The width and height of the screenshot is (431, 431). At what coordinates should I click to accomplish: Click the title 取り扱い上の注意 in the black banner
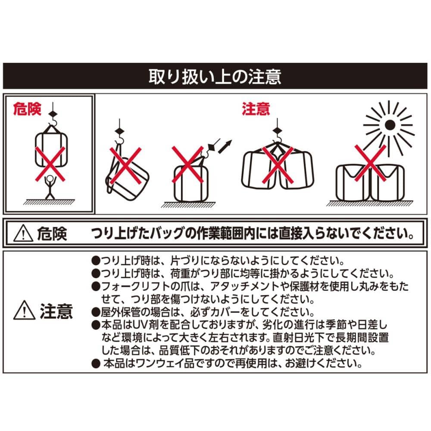[215, 76]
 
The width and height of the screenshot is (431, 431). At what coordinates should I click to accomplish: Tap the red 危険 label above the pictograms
[27, 109]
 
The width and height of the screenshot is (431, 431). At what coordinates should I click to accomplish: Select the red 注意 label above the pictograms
[256, 109]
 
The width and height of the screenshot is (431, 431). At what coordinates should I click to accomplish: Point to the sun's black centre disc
[390, 125]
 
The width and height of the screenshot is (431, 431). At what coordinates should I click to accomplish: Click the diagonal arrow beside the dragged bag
[225, 146]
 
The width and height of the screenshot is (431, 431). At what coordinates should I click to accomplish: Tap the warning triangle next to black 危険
[23, 233]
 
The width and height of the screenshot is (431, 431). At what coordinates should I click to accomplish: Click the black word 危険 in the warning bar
[52, 234]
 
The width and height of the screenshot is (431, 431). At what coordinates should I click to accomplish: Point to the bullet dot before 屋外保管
[96, 312]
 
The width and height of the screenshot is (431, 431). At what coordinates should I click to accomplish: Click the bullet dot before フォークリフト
[96, 287]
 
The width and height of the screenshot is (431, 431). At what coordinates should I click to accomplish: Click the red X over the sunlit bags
[370, 163]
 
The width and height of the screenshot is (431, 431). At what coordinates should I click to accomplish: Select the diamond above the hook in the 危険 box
[53, 114]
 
